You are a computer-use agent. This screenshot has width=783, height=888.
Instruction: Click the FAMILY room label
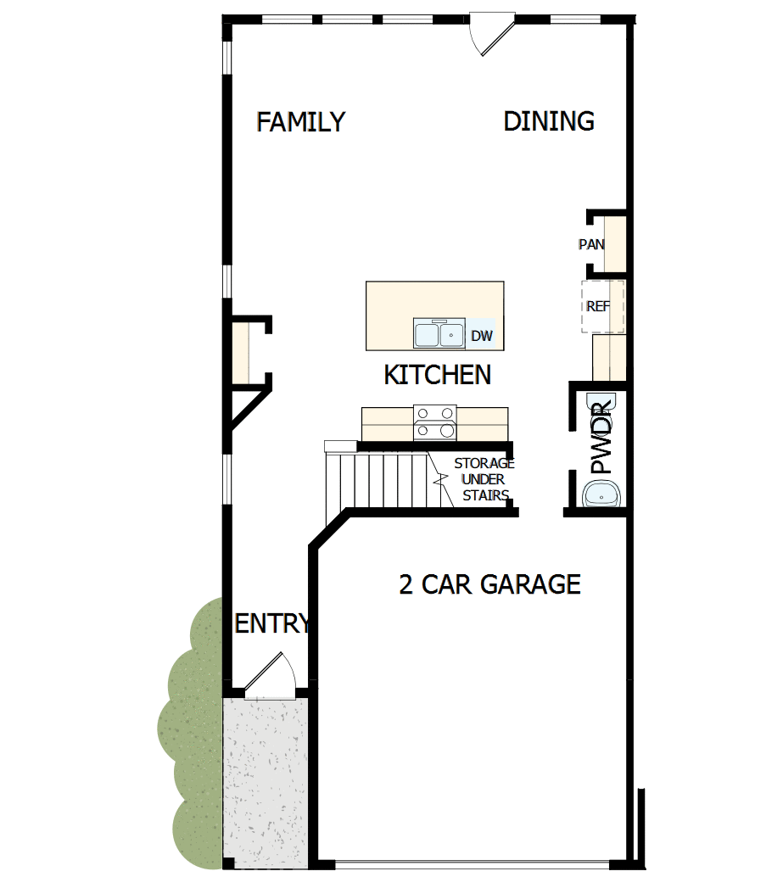click(x=301, y=122)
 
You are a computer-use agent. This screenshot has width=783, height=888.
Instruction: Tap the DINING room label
click(x=549, y=121)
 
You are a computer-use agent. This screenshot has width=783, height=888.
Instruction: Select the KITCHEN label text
click(x=437, y=374)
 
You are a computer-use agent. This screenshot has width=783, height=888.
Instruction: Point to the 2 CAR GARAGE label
click(x=489, y=584)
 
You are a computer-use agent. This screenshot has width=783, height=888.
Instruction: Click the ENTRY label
click(x=271, y=624)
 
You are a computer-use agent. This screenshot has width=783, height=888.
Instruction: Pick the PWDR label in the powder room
click(x=601, y=438)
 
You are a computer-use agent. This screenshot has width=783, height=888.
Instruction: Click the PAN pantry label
click(x=591, y=244)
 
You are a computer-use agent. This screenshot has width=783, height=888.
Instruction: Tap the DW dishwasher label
click(x=481, y=336)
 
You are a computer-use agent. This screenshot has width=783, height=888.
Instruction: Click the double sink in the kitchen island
click(x=439, y=333)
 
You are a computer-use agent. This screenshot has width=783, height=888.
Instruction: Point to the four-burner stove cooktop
click(x=435, y=422)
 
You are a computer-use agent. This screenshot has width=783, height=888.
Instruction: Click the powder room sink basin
click(x=603, y=493)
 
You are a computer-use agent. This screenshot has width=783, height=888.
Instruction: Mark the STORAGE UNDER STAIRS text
click(x=484, y=480)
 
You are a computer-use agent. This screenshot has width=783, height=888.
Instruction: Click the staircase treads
click(x=382, y=479)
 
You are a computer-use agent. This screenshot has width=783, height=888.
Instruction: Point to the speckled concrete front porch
click(x=265, y=780)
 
